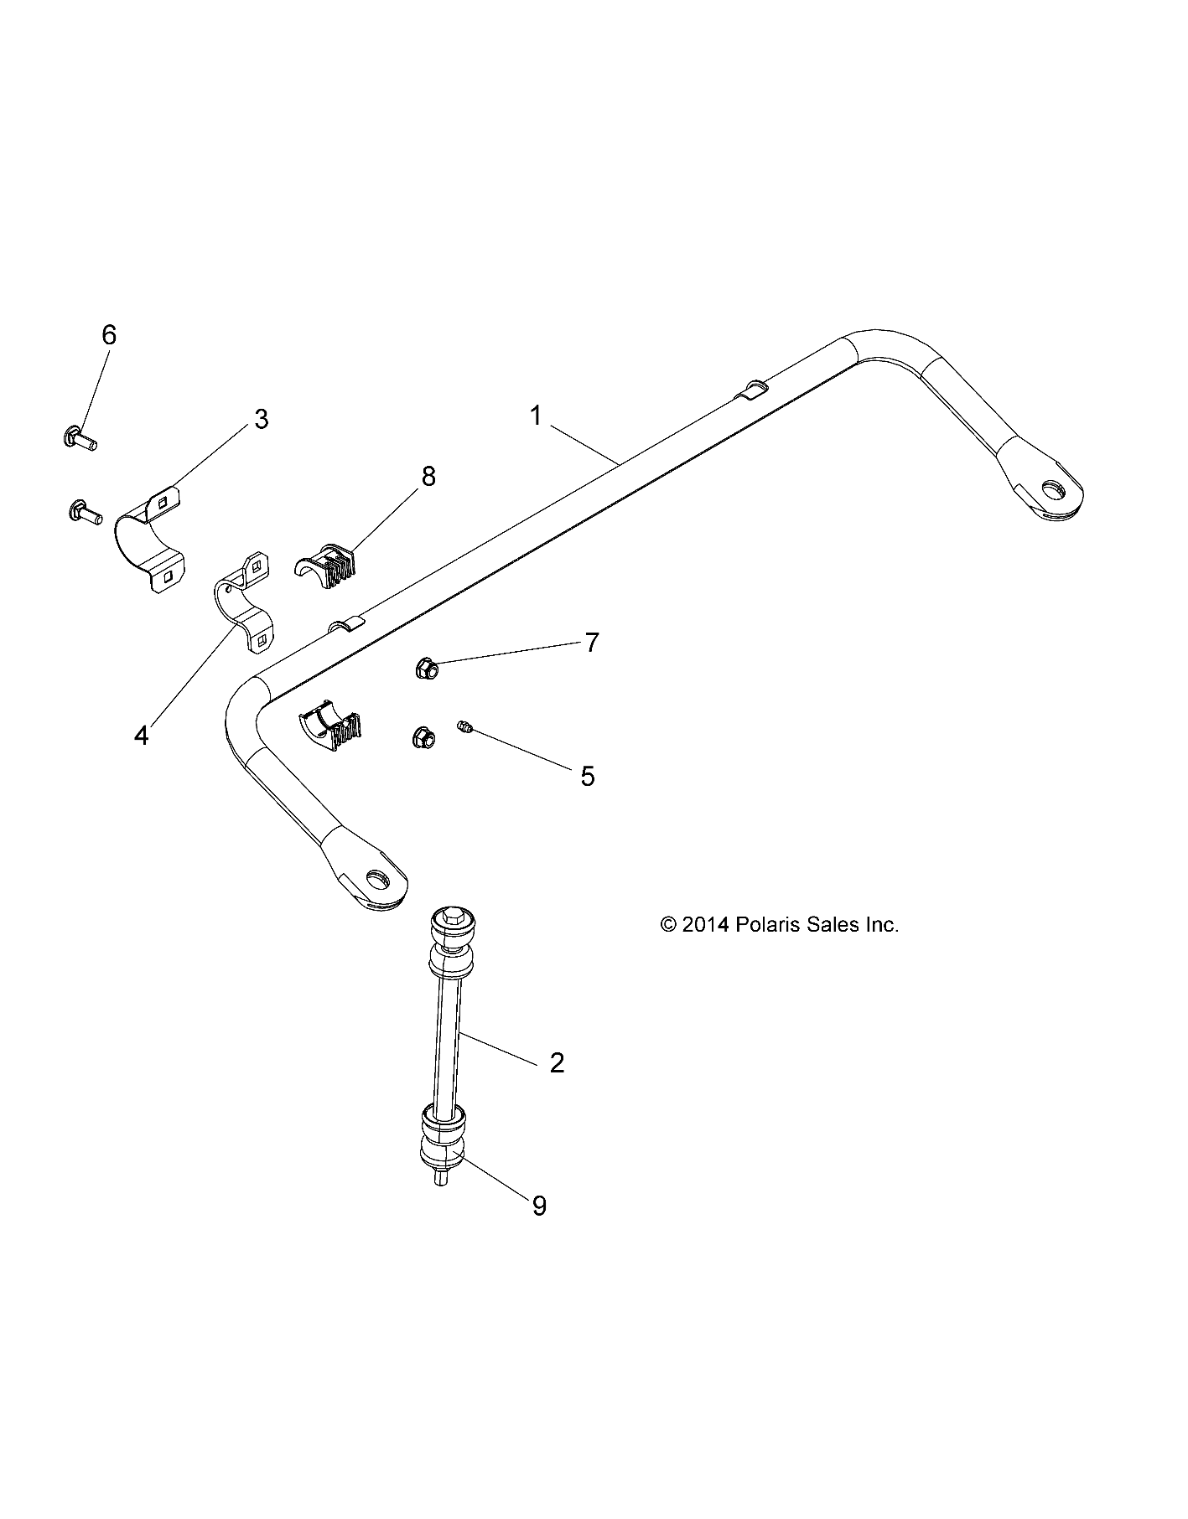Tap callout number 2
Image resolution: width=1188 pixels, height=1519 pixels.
pyautogui.click(x=557, y=1063)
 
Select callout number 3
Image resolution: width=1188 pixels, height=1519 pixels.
pyautogui.click(x=262, y=419)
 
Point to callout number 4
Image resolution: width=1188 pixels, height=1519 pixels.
pyautogui.click(x=142, y=736)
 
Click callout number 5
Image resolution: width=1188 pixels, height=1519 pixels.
pyautogui.click(x=588, y=777)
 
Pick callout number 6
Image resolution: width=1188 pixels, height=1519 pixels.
pyautogui.click(x=109, y=335)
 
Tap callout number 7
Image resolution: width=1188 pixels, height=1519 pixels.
pyautogui.click(x=592, y=643)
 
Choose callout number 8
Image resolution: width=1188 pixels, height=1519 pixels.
pyautogui.click(x=428, y=477)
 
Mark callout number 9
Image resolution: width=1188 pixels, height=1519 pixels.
pyautogui.click(x=540, y=1206)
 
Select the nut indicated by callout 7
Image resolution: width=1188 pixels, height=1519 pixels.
pyautogui.click(x=425, y=669)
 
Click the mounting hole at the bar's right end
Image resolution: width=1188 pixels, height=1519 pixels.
pyautogui.click(x=1051, y=488)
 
